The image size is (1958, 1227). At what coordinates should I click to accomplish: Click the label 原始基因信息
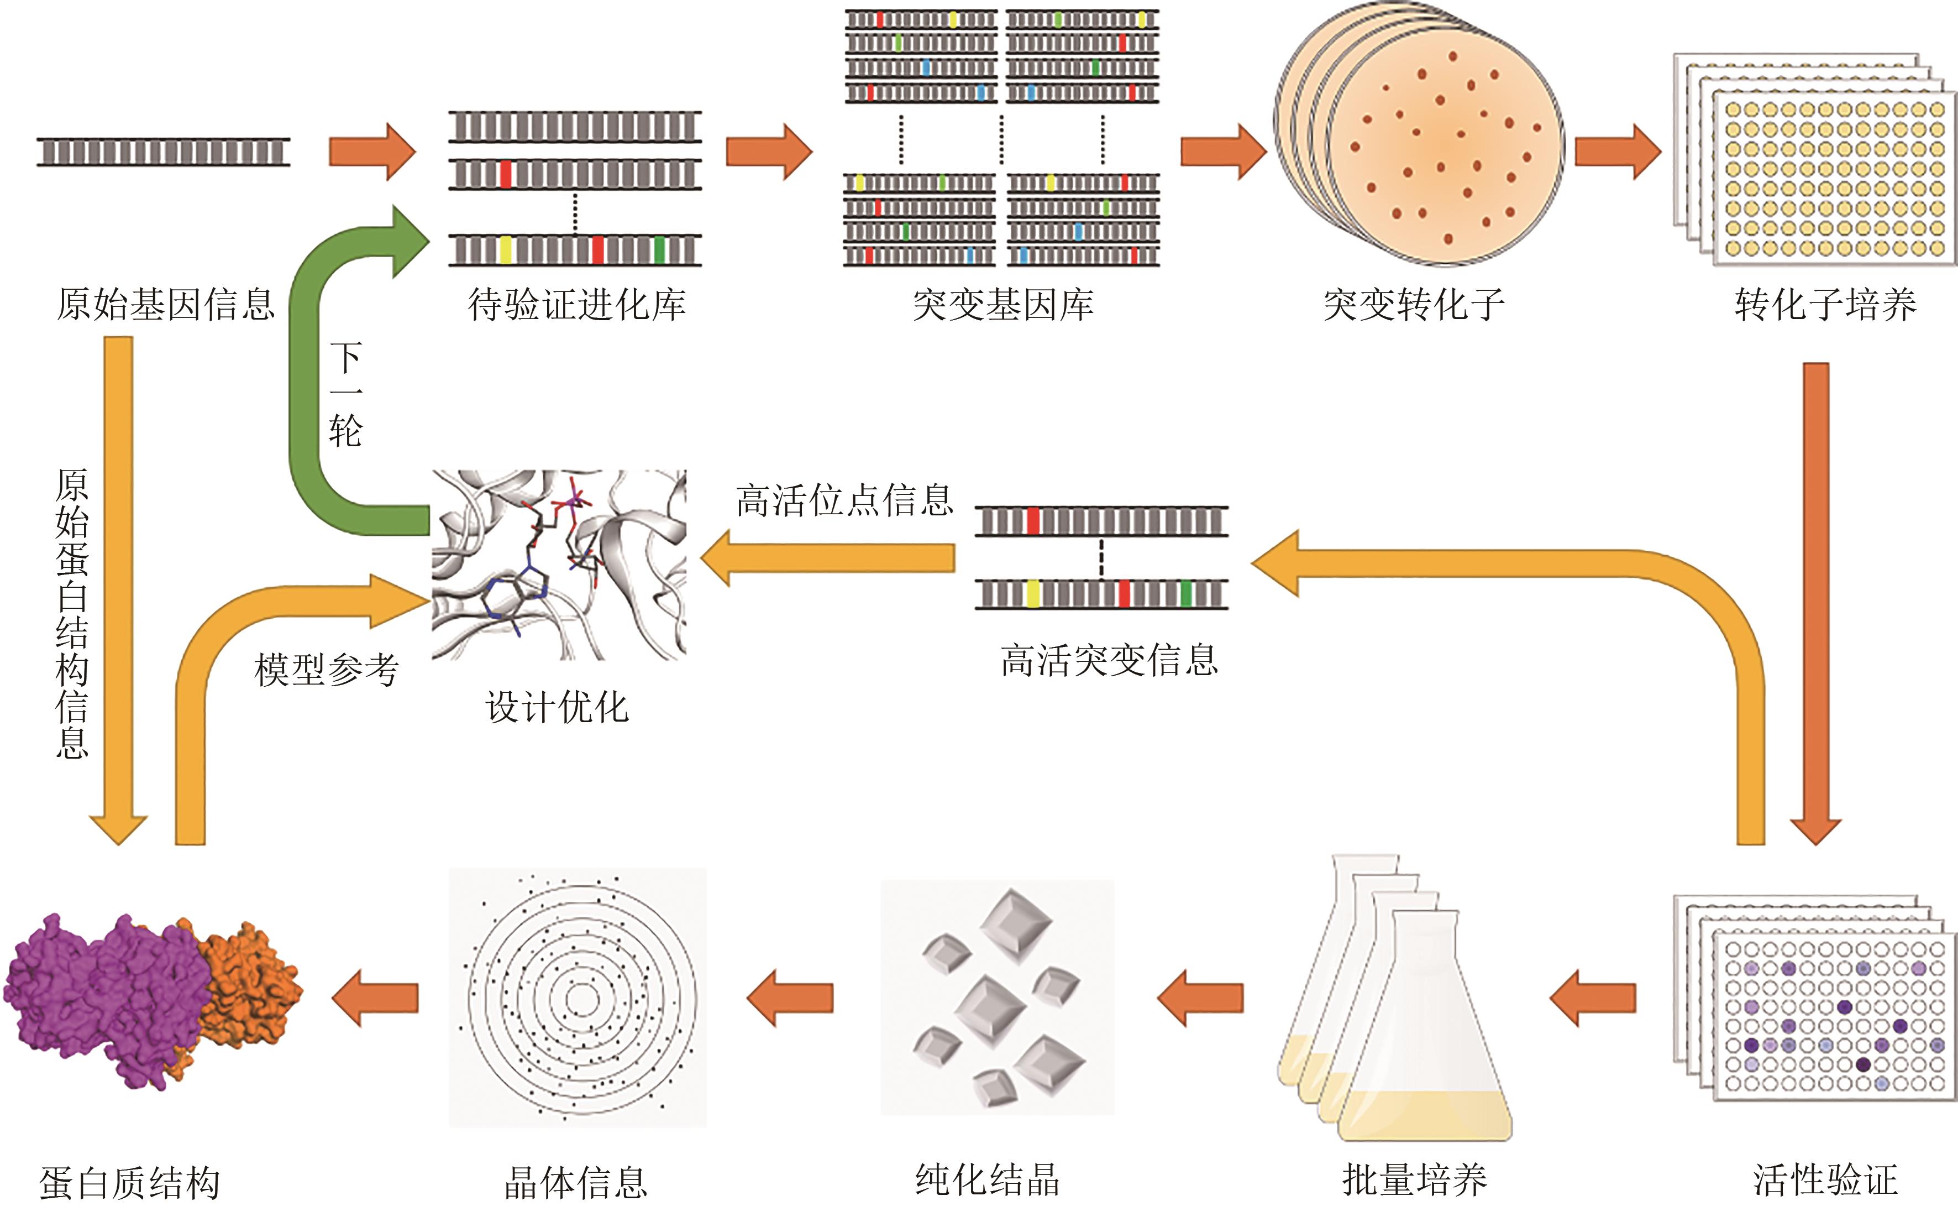click(165, 304)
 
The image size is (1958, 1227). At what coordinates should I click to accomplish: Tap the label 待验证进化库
click(577, 304)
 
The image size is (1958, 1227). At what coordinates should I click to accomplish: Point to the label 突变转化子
click(1414, 304)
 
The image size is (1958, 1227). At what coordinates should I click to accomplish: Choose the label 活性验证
click(1825, 1180)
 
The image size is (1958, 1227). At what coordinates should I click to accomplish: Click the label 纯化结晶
click(987, 1180)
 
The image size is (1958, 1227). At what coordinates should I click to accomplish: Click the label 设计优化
click(557, 707)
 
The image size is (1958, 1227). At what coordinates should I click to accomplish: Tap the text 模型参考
click(326, 670)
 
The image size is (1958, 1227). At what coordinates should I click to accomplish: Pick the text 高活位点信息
click(844, 500)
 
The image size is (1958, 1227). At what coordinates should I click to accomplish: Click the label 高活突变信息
click(1109, 660)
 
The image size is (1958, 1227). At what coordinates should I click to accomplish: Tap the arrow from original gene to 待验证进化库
click(371, 151)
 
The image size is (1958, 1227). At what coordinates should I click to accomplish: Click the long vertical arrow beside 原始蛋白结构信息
click(118, 584)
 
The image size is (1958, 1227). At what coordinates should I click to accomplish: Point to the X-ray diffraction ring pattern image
click(578, 998)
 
